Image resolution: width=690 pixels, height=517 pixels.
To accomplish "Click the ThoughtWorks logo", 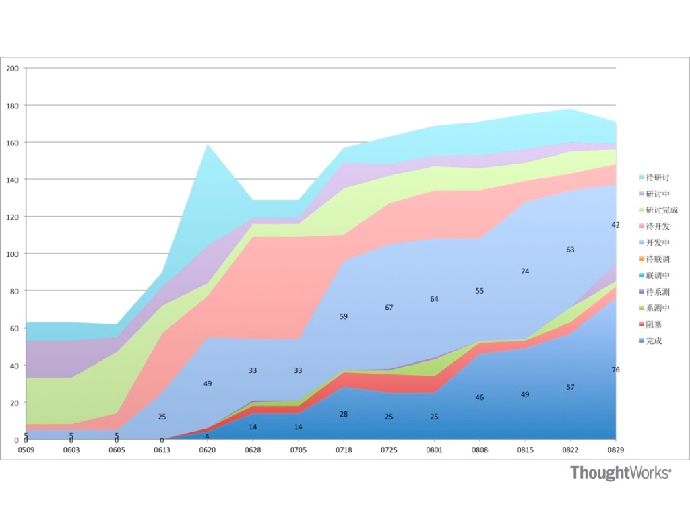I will pos(621,473).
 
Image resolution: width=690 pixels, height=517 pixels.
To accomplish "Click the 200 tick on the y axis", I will pos(12,69).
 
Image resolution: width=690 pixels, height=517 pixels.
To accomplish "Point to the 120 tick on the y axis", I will pos(12,217).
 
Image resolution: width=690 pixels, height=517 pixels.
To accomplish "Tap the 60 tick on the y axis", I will pos(14,328).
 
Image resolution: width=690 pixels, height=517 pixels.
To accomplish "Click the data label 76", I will pos(615,370).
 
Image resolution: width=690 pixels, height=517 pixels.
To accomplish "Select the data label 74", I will pos(525,271).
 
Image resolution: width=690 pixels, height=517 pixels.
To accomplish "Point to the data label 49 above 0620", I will pos(208,384).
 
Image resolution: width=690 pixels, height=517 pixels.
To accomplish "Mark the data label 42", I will pos(615,225).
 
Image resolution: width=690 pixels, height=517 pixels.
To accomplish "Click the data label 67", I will pos(389,308).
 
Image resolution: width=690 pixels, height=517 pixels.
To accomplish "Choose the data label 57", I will pos(570,387).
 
